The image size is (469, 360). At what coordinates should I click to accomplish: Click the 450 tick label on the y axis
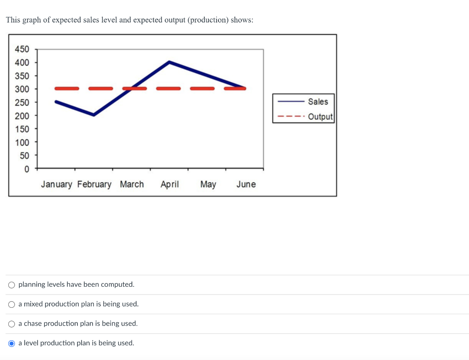(x=22, y=49)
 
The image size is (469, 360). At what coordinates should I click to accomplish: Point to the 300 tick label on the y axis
(x=22, y=89)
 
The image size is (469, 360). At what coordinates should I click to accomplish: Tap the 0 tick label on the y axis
(x=26, y=169)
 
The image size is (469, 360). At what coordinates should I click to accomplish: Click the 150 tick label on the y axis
(x=22, y=129)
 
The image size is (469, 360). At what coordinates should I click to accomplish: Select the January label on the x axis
(x=56, y=184)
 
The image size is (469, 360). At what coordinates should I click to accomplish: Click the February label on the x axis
(x=94, y=184)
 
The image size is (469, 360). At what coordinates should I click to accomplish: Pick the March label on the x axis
(x=132, y=184)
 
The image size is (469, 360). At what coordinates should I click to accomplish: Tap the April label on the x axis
(x=169, y=184)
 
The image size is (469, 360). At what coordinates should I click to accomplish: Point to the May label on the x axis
(x=208, y=184)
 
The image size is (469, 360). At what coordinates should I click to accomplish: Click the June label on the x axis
(x=246, y=184)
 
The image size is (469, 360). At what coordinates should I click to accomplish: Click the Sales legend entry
(x=318, y=102)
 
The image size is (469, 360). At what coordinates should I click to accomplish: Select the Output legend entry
(x=320, y=116)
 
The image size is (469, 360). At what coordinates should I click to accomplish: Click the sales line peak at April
(x=169, y=62)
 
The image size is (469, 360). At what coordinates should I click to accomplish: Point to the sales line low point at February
(x=94, y=115)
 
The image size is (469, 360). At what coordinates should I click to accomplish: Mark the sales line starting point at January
(x=56, y=102)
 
